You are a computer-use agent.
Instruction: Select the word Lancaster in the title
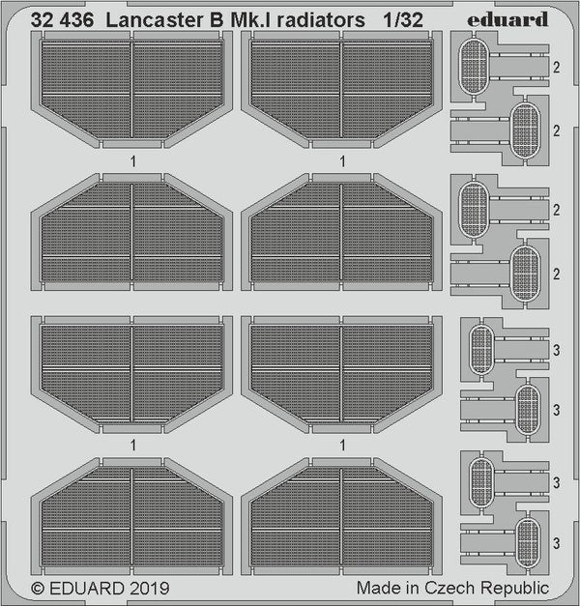click(x=138, y=17)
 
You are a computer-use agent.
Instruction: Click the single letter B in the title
click(x=192, y=17)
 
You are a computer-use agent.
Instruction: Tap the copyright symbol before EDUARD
click(x=38, y=588)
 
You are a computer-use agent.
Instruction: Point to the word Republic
click(x=515, y=588)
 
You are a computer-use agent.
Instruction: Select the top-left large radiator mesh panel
click(x=132, y=90)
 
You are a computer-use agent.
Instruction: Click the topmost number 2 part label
click(x=557, y=68)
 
